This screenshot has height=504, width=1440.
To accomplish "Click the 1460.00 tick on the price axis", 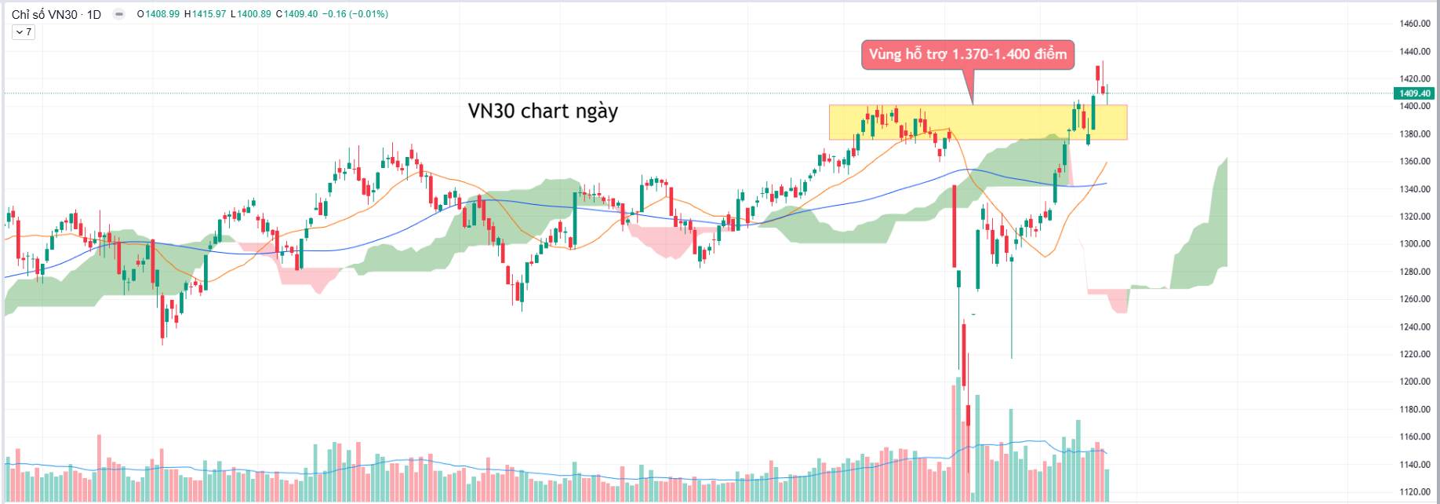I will [x=1414, y=24].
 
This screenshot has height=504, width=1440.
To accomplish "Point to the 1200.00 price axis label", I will [x=1414, y=382].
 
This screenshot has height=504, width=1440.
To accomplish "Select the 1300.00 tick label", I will [x=1414, y=244].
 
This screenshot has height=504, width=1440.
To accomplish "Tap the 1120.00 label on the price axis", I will [x=1414, y=492].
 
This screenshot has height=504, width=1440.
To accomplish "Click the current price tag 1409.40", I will [x=1414, y=93].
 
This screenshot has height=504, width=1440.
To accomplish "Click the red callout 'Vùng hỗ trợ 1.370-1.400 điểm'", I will [x=967, y=55].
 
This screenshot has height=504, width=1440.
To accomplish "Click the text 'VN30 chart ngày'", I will [x=543, y=111].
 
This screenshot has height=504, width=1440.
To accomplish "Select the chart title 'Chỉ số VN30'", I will [x=44, y=14].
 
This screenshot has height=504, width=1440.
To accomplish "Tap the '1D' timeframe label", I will [x=93, y=14].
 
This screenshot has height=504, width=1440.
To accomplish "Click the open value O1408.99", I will [x=158, y=14].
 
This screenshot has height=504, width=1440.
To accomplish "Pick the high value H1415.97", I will [x=205, y=14].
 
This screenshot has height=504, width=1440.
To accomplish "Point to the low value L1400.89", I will [x=251, y=14].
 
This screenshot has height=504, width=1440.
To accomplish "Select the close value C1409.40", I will [x=296, y=14].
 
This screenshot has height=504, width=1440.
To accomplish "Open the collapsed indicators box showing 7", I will [x=24, y=32].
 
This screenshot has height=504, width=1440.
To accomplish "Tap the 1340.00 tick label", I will [x=1414, y=189].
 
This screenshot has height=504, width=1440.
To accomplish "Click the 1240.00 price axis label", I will [x=1414, y=327].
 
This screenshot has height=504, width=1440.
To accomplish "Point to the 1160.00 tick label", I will [x=1414, y=437].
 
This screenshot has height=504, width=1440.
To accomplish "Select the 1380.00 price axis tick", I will [x=1414, y=134].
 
